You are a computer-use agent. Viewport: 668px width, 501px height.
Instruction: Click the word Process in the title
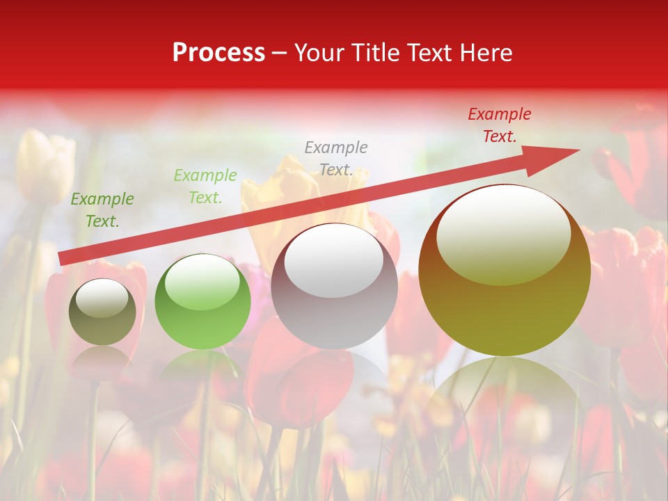pyautogui.click(x=218, y=53)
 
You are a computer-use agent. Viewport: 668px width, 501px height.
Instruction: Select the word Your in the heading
pyautogui.click(x=320, y=53)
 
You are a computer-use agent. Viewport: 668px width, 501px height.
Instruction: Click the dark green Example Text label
pyautogui.click(x=102, y=210)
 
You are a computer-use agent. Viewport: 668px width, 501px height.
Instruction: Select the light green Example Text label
pyautogui.click(x=205, y=186)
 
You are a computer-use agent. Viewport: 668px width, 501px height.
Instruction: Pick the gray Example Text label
pyautogui.click(x=336, y=159)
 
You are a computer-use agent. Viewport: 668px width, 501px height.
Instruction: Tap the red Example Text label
pyautogui.click(x=499, y=125)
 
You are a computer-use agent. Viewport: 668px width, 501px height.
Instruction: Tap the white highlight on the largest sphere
pyautogui.click(x=503, y=235)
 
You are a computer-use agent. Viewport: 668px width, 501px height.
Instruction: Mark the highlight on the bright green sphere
pyautogui.click(x=202, y=282)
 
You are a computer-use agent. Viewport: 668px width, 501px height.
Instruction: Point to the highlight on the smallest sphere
pyautogui.click(x=102, y=300)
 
